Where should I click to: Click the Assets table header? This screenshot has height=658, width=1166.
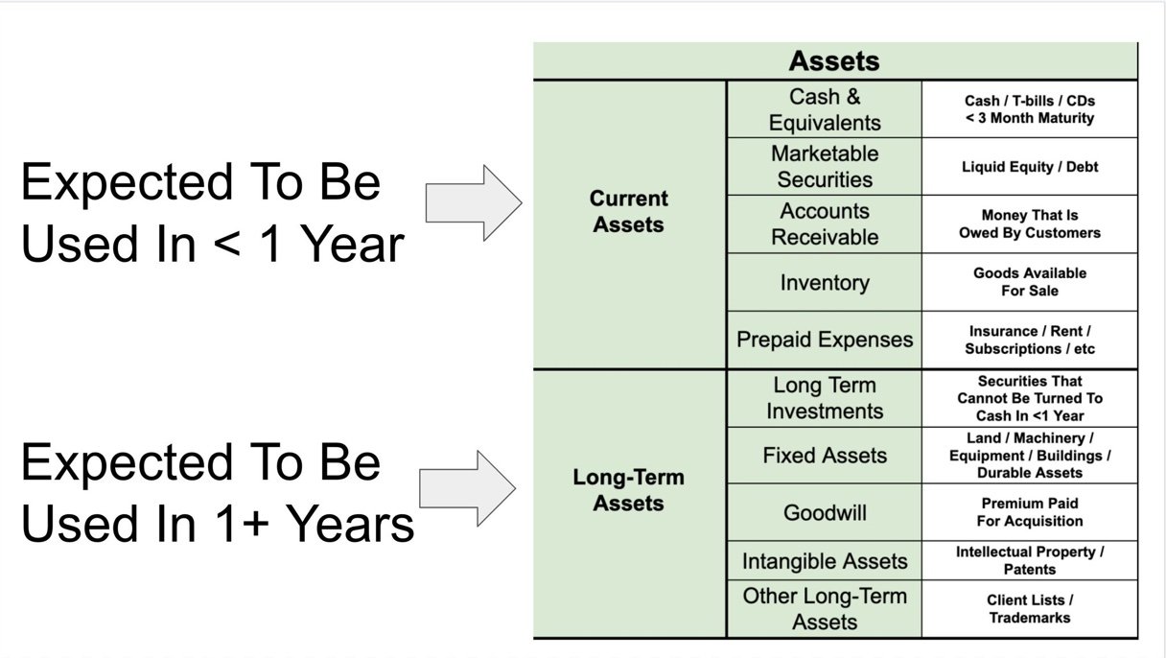tap(835, 60)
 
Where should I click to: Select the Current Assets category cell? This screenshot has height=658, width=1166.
tap(629, 224)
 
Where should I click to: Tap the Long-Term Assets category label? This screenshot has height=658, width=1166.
tap(628, 490)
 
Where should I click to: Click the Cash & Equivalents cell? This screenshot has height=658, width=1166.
tap(825, 109)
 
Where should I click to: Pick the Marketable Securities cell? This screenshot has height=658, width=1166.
tap(825, 167)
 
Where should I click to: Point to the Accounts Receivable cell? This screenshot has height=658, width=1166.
tap(825, 224)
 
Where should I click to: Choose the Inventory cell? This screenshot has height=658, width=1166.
tap(825, 283)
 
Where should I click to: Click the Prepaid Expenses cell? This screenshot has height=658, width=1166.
tap(825, 340)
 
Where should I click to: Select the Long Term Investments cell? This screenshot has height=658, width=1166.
tap(825, 398)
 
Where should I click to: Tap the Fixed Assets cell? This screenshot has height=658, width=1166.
tap(825, 456)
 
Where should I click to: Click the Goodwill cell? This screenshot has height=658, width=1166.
tap(825, 513)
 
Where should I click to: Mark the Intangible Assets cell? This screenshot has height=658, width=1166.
tap(825, 561)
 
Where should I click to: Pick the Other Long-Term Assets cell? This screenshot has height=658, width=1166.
tap(825, 609)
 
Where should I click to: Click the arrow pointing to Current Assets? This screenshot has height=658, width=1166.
tap(474, 203)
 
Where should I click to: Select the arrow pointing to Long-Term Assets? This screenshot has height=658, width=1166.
tap(467, 488)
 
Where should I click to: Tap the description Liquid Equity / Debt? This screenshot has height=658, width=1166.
tap(1030, 167)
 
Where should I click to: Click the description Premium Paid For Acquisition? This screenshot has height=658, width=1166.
tap(1030, 512)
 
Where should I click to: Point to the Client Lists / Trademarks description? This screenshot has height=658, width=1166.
tap(1030, 608)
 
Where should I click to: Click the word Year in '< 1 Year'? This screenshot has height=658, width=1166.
tap(353, 245)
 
